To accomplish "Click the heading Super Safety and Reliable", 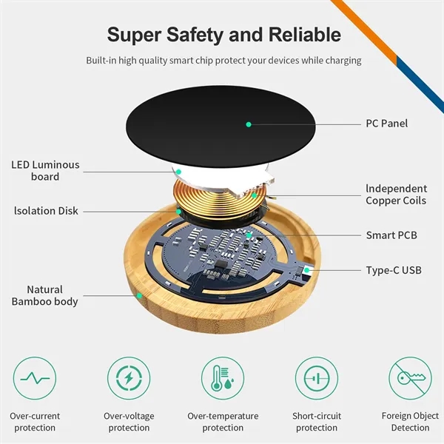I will click(223, 34).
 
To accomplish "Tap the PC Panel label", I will click(386, 124).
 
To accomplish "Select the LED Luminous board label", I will click(45, 171).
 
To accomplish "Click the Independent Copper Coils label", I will click(396, 195).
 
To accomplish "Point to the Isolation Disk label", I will click(46, 211).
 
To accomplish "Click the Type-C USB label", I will click(393, 270).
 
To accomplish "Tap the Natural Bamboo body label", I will click(44, 295).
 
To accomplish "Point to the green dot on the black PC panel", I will click(249, 124).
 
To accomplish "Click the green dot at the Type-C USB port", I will click(307, 270).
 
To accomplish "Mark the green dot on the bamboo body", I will click(138, 296).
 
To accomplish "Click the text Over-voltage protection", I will click(129, 422).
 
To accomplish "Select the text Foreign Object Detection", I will click(410, 422).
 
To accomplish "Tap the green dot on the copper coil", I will click(254, 195).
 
